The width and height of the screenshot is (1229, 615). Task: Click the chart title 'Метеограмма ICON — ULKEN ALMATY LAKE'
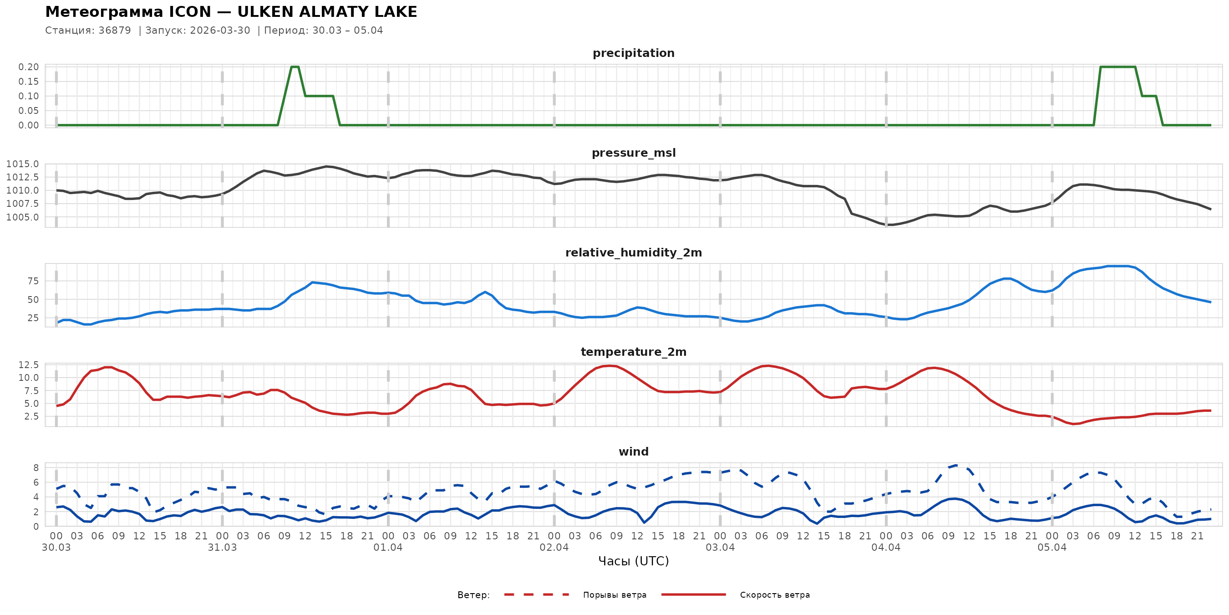point(231,12)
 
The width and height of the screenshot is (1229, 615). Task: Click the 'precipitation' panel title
point(633,53)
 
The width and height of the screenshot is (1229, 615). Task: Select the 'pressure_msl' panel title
point(633,153)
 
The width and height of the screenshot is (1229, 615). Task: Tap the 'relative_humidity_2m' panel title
point(633,252)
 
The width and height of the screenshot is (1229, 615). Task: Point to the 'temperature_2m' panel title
point(633,352)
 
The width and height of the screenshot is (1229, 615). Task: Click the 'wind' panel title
point(633,452)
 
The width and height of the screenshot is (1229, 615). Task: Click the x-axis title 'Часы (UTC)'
point(633,561)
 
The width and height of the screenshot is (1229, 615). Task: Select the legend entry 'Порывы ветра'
point(614,595)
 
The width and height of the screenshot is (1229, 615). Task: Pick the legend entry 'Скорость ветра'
point(774,595)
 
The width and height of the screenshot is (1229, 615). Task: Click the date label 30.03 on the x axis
point(56,548)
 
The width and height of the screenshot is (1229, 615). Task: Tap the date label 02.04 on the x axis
point(554,548)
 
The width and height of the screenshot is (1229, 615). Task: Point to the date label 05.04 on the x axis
point(1051,548)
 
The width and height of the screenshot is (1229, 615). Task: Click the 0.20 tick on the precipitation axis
point(29,67)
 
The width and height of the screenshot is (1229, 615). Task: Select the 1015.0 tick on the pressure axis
point(22,164)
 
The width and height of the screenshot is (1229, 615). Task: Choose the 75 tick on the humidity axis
point(33,281)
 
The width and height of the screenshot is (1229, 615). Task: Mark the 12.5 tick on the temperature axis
point(29,365)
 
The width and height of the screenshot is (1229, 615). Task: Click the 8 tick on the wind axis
point(36,468)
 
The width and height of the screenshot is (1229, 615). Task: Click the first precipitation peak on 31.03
point(295,67)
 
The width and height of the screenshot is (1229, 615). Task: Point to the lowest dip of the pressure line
point(889,225)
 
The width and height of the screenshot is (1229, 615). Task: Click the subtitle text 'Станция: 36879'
point(88,31)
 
